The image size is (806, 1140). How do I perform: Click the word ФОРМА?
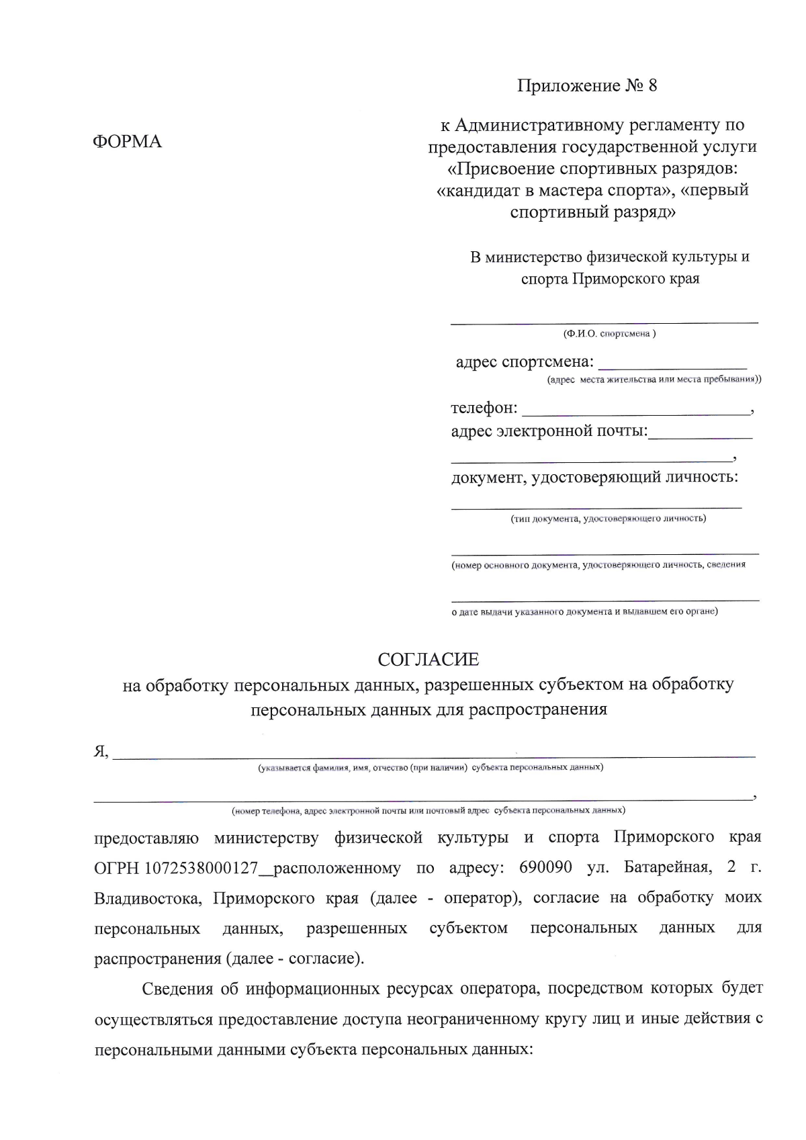(x=127, y=142)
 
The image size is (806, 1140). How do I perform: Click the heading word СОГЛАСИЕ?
(x=429, y=660)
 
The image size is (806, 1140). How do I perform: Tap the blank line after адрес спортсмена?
(x=672, y=366)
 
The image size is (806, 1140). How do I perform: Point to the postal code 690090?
(x=545, y=867)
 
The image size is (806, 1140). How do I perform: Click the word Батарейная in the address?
(x=666, y=867)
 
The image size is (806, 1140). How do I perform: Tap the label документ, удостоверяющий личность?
(x=594, y=478)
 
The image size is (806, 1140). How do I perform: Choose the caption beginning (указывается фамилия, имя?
(x=431, y=767)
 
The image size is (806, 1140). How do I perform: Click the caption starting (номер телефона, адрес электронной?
(x=429, y=811)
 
